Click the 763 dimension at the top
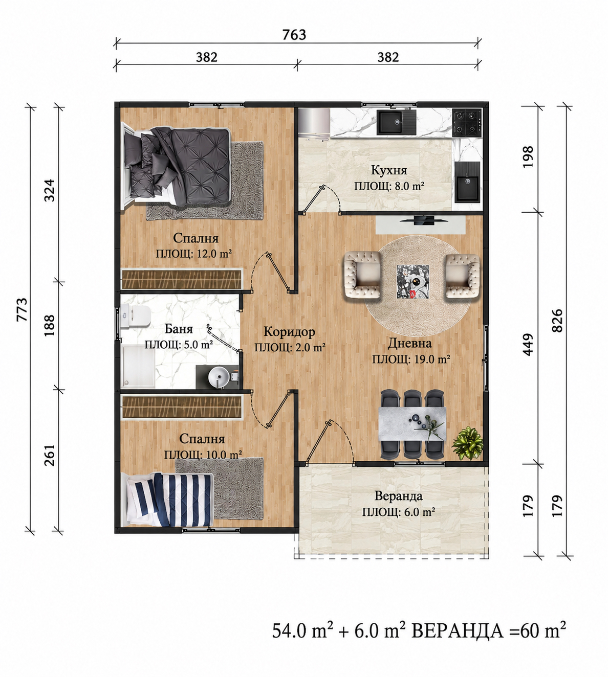point(294,35)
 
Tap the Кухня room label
point(389,170)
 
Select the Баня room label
point(179,329)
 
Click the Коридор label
point(289,332)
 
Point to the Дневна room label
point(409,343)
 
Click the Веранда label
point(398,496)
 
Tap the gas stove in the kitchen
point(467,123)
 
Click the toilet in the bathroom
point(136,317)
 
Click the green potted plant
point(467,443)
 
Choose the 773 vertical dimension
point(22,309)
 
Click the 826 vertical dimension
point(557,321)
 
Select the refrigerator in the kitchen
point(314,123)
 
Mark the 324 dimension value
point(50,190)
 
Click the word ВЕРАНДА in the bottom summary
point(458,631)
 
